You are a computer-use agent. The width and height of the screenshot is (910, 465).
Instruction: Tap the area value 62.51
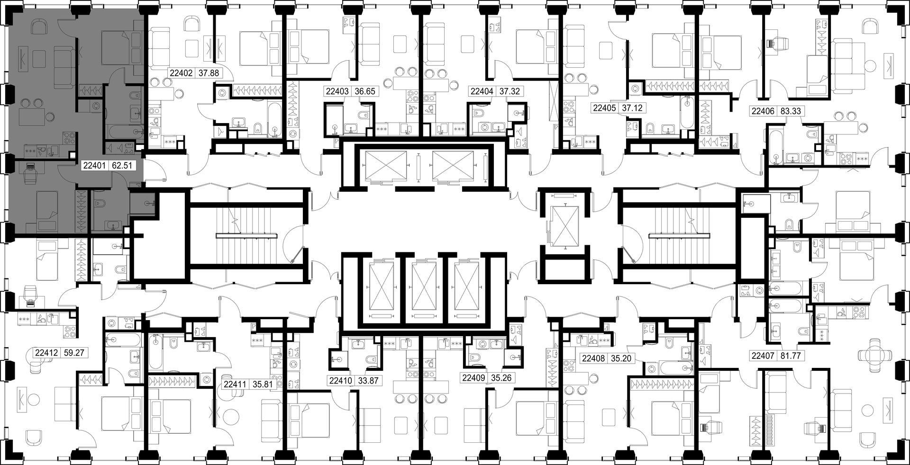click(121, 166)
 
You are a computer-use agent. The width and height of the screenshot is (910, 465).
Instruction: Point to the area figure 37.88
click(209, 73)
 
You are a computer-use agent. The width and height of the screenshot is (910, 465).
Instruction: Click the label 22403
click(337, 91)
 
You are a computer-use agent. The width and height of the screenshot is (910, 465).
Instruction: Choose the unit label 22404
click(481, 91)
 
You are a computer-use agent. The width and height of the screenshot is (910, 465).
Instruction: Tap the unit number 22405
click(605, 108)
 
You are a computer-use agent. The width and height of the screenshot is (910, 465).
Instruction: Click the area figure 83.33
click(790, 112)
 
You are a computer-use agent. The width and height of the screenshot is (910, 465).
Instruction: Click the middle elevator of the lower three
click(424, 288)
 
